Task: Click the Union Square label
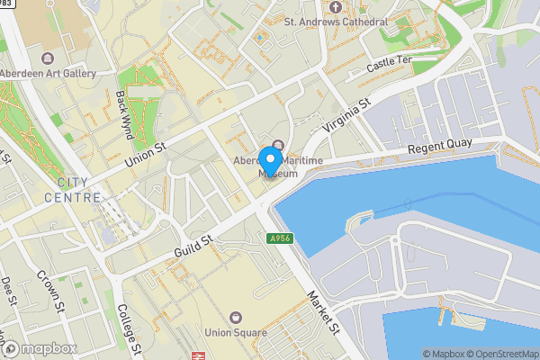click(236, 332)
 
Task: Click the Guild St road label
click(193, 240)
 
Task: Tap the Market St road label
click(321, 311)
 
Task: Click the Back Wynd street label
click(124, 113)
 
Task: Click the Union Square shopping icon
click(236, 317)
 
